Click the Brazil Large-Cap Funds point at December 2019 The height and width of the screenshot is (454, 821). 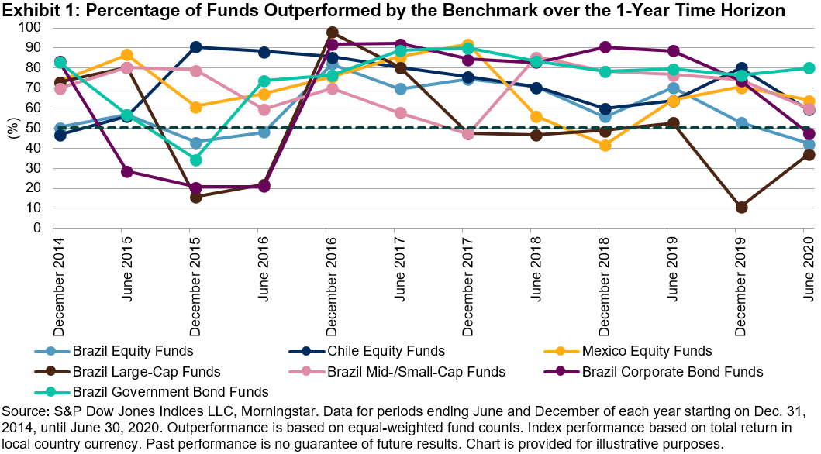tap(741, 207)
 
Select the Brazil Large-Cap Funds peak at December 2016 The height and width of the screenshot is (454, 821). tap(332, 33)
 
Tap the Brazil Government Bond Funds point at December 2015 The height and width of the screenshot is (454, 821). tap(196, 160)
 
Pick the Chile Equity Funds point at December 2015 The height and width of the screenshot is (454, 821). tap(196, 47)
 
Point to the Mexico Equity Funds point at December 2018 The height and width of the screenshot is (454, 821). tap(605, 145)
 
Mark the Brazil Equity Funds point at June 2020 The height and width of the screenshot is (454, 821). tap(809, 144)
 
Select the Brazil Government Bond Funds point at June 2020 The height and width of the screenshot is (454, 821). tap(809, 68)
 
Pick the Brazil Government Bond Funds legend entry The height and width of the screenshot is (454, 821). tap(169, 391)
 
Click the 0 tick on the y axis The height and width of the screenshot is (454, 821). tap(37, 229)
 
